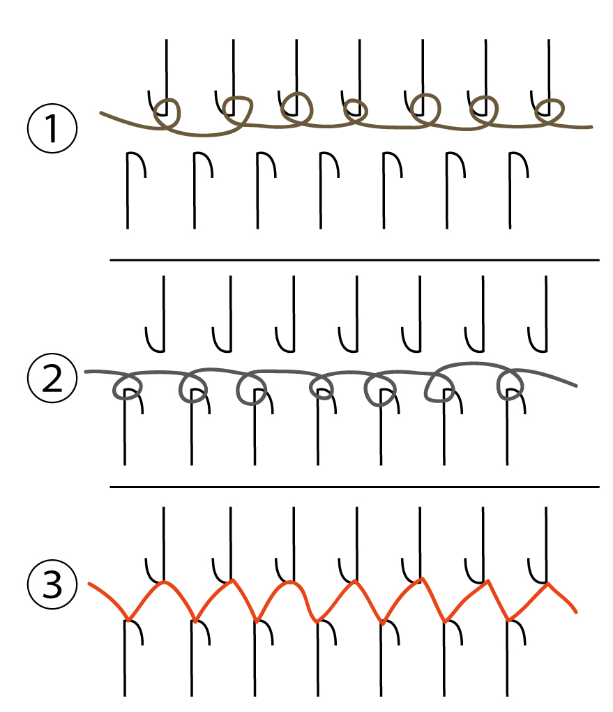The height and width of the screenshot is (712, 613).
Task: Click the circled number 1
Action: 52,128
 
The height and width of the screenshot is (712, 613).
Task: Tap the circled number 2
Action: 52,378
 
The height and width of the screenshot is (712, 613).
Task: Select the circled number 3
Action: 52,584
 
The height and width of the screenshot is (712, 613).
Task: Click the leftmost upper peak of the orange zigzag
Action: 165,582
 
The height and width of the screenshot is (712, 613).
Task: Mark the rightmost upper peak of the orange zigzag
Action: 548,584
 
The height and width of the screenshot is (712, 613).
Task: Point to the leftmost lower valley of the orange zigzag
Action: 129,620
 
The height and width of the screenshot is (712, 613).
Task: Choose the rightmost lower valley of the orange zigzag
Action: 509,620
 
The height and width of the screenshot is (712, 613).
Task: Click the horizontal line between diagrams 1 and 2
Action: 354,260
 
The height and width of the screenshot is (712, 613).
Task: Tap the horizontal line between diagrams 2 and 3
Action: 354,487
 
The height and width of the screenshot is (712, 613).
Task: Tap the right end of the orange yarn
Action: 576,612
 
